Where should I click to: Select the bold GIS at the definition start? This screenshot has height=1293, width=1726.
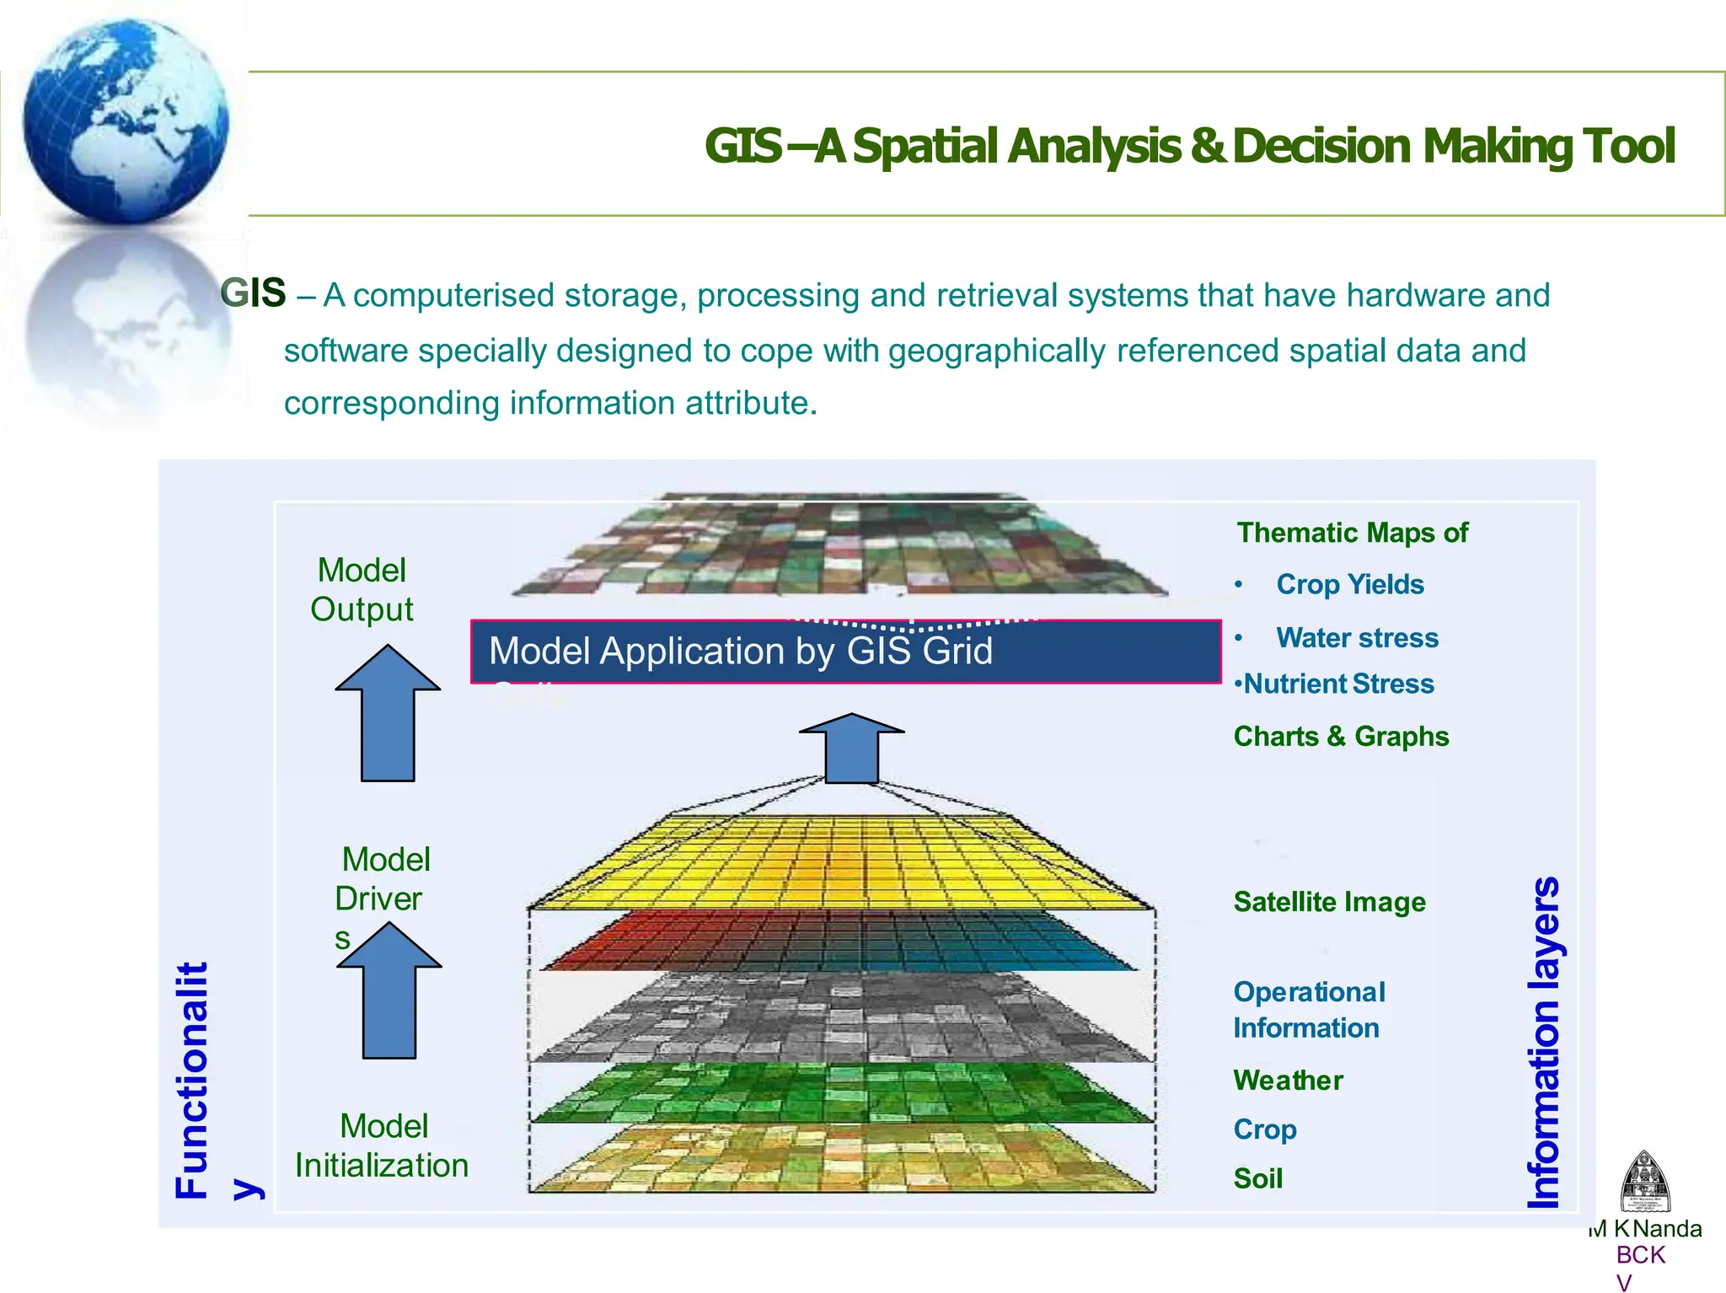tap(253, 293)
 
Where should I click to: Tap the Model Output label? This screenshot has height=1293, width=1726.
tap(362, 589)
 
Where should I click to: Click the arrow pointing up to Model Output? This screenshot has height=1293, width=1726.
tap(388, 715)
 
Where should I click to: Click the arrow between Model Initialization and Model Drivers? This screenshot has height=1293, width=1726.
tap(389, 991)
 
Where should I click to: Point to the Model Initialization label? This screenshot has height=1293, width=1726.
tap(382, 1145)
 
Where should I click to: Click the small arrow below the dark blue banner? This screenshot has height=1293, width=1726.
tap(852, 748)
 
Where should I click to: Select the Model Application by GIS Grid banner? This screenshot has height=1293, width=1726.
tap(845, 652)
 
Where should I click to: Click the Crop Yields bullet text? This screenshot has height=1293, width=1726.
tap(1349, 584)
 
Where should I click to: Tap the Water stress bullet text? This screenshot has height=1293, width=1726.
tap(1357, 637)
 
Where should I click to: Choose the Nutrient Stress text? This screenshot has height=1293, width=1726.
tap(1337, 684)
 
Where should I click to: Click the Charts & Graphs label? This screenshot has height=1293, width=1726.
tap(1341, 736)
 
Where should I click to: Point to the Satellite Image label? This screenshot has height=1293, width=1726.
tap(1329, 902)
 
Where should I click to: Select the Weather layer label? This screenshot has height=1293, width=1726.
tap(1288, 1081)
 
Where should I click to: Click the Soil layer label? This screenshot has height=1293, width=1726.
tap(1258, 1178)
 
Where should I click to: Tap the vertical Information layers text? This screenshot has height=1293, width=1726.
tap(1544, 1043)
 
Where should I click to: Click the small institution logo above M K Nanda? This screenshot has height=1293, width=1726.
tap(1644, 1182)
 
